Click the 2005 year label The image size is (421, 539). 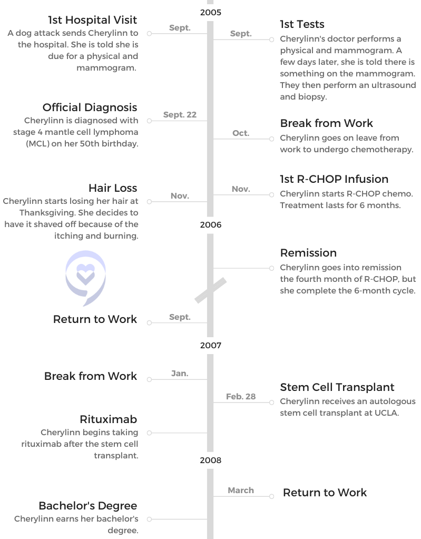coord(211,12)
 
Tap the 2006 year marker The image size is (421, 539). coord(211,225)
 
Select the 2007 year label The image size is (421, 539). coord(211,346)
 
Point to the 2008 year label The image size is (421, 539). coord(211,460)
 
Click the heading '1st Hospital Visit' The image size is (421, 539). coord(92,20)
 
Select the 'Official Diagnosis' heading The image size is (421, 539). coord(90,107)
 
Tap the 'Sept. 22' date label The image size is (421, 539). coord(180,115)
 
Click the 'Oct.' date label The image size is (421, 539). coord(241,133)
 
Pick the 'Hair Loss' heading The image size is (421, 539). coord(113,188)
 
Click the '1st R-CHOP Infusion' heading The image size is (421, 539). coord(334,179)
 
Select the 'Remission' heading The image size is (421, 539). coord(308,253)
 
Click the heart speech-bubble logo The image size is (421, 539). coord(85,278)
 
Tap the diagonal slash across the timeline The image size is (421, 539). coord(211,290)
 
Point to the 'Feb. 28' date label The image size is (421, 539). coord(241,397)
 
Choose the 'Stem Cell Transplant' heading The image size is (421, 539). coord(337,387)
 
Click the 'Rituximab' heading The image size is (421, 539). coord(108,419)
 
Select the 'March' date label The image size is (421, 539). coord(241,491)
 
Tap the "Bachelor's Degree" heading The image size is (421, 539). coord(88,506)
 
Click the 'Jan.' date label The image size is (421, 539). coord(180,374)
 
